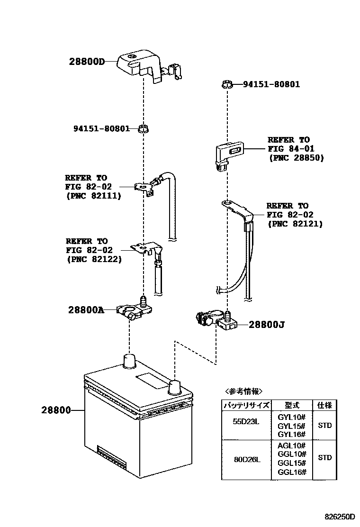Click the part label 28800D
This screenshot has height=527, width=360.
point(86,61)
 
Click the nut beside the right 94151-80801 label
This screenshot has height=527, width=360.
point(226,85)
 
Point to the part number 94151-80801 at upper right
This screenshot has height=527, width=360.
point(271,85)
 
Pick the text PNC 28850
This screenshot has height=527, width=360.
point(296,158)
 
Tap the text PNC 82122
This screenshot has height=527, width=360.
point(94,259)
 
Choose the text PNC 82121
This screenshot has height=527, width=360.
point(295,224)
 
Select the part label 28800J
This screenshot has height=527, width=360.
point(266,325)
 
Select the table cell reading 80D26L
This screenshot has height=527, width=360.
point(246,459)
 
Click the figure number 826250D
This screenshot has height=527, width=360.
point(339,516)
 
